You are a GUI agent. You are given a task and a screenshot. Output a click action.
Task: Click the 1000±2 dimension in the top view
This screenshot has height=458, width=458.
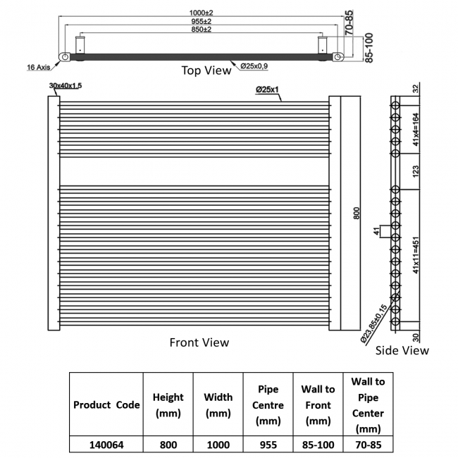(202, 13)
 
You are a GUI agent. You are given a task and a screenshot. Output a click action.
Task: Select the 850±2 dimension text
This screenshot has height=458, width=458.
(202, 29)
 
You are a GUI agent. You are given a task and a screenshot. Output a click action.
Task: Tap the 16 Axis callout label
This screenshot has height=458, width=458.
(39, 67)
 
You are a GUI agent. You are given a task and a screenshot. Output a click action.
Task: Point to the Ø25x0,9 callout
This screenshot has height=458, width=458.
(254, 66)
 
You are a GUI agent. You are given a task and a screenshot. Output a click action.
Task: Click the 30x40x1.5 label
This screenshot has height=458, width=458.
(66, 85)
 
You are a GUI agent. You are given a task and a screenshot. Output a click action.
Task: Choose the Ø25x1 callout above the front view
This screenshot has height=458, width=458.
(267, 89)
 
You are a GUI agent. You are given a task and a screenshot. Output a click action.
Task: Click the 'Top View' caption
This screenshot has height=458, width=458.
(206, 70)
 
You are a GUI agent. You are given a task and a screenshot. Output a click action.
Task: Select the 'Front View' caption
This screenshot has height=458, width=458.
(199, 342)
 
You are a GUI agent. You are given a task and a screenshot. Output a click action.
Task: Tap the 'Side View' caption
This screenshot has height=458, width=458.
(402, 350)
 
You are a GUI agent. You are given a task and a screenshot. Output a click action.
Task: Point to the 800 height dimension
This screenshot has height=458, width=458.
(357, 213)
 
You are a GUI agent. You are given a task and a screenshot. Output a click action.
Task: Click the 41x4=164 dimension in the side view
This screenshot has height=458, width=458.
(416, 129)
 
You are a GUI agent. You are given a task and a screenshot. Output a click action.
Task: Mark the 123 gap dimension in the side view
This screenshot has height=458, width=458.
(416, 171)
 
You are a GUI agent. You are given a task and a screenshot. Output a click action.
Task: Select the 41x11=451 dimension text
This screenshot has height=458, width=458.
(416, 255)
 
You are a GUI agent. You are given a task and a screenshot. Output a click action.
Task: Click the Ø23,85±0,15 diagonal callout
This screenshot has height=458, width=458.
(373, 323)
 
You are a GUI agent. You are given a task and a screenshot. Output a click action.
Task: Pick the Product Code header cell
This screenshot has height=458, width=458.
(106, 405)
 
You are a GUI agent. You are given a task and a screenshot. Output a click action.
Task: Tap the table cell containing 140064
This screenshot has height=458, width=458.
(106, 445)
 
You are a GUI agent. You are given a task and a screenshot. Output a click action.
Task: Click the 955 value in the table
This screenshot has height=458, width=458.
(268, 445)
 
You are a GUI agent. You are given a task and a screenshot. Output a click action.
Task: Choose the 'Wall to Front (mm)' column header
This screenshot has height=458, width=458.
(318, 405)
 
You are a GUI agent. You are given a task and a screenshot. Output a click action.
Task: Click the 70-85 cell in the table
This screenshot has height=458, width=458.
(369, 445)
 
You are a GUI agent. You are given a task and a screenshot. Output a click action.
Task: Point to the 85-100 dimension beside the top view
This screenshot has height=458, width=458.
(369, 48)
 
